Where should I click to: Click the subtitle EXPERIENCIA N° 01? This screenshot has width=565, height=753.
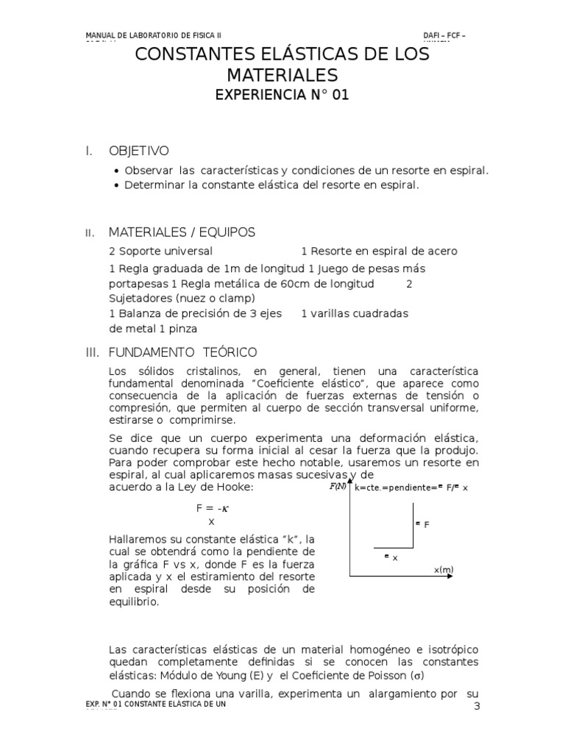tap(282, 94)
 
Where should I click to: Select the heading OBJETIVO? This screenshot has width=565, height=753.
tap(138, 151)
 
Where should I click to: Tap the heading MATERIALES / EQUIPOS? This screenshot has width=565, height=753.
tap(182, 232)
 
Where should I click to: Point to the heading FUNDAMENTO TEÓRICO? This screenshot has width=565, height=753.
tap(182, 353)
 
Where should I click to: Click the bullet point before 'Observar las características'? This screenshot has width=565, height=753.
tap(117, 171)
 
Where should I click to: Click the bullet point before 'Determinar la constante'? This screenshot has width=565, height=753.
tap(117, 185)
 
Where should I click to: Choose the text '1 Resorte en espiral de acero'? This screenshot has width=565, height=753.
tap(379, 251)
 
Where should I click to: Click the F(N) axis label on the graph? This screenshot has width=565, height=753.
tap(338, 487)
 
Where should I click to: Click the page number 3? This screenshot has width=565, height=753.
tap(476, 707)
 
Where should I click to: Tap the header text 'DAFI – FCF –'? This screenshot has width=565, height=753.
tap(444, 35)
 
